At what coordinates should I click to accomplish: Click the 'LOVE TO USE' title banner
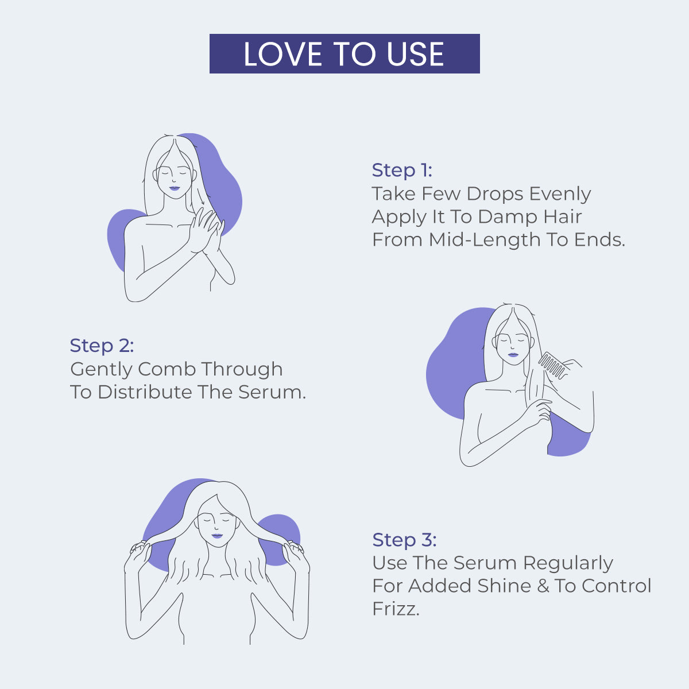click(344, 54)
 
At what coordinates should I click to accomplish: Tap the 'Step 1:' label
click(402, 171)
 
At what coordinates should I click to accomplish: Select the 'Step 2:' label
click(102, 346)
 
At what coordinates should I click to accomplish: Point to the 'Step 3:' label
click(404, 540)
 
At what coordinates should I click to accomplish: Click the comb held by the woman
click(552, 365)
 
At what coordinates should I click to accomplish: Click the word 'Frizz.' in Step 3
click(396, 609)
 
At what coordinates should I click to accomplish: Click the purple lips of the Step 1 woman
click(175, 188)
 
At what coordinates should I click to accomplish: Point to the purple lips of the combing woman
click(512, 355)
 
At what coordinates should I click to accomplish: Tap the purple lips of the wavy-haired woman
click(217, 536)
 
